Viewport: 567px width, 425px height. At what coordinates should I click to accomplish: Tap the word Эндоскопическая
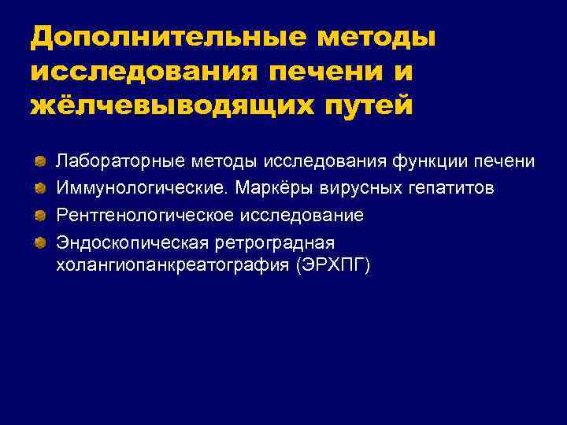click(x=127, y=242)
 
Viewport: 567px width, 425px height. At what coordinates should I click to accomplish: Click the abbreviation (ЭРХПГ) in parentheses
click(x=331, y=265)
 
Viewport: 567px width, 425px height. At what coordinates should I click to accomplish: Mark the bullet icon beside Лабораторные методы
click(x=39, y=161)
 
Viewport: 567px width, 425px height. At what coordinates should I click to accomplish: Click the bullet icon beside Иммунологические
click(x=39, y=188)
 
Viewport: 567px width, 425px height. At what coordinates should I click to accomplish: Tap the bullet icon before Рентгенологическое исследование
click(x=39, y=215)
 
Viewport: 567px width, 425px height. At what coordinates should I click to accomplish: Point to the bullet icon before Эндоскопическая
click(x=39, y=242)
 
